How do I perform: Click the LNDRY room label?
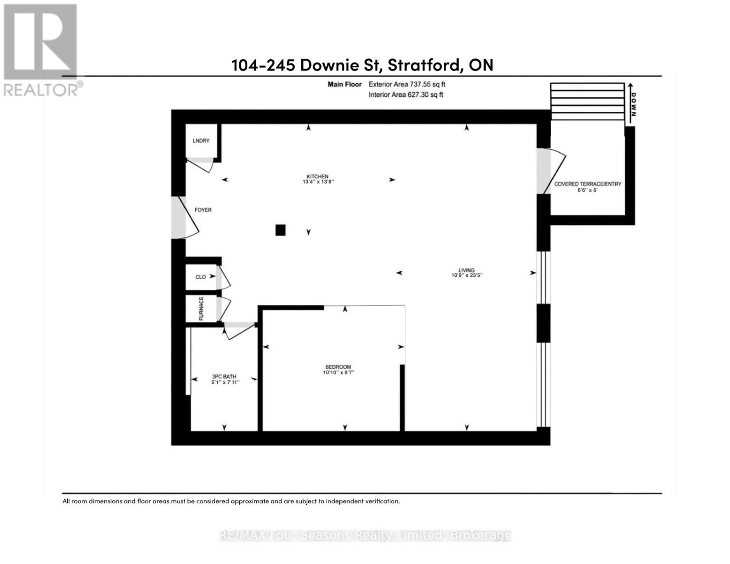pos(201,141)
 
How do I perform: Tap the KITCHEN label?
pos(317,176)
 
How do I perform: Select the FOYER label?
pos(203,210)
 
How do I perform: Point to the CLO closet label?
pos(201,277)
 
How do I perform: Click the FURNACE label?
pos(201,308)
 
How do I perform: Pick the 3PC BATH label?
pos(224,376)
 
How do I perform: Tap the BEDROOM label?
pos(338,367)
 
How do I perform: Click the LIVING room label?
pos(466,270)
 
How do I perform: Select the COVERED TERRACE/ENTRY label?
pos(588,184)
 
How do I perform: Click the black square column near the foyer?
pos(281,230)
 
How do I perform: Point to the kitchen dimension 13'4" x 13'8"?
pos(318,182)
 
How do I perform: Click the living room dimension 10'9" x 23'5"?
pos(467,275)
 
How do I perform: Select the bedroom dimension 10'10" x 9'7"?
pos(338,373)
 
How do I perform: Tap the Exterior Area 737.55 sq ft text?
pos(407,84)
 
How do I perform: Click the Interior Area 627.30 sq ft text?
pos(406,95)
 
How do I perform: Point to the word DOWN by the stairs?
pos(633,104)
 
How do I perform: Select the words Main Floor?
pos(345,84)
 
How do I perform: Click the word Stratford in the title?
pos(423,64)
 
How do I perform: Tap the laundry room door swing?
pos(200,165)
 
